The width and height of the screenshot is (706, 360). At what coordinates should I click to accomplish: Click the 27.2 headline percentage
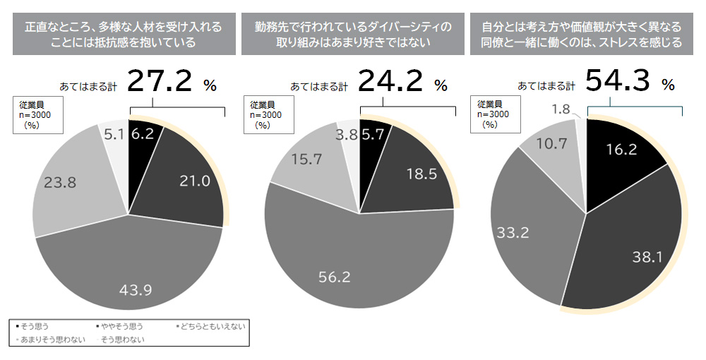(160, 82)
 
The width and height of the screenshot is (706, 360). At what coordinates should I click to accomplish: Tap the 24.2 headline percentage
(390, 82)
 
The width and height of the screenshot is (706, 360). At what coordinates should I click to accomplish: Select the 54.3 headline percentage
(618, 82)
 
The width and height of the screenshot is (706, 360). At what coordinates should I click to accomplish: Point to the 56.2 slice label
(335, 277)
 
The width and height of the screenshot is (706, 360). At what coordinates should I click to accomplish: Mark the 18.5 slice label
(421, 174)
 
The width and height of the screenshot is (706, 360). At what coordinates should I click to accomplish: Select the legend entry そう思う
(30, 327)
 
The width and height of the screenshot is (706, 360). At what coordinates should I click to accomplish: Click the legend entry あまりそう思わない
(49, 339)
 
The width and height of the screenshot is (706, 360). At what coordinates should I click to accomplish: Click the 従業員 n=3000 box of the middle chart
(266, 114)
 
